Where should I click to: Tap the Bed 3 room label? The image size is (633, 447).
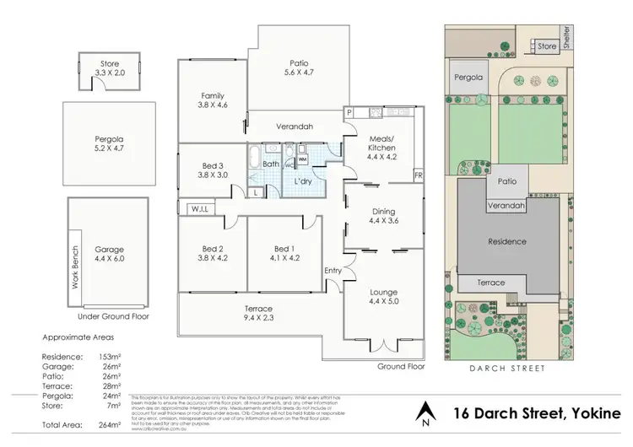[x=212, y=170]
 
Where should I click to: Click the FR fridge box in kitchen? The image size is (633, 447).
[x=417, y=175]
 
